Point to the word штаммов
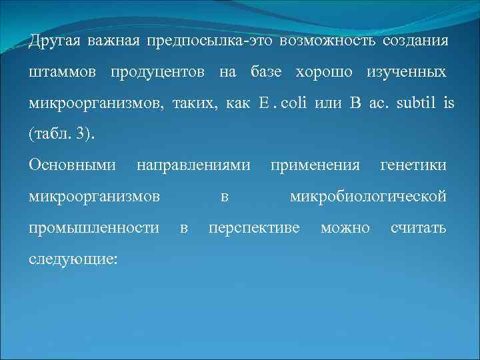coord(61,72)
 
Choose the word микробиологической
coord(367,197)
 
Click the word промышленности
coord(94,228)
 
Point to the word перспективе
coord(254,228)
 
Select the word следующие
coord(73,258)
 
